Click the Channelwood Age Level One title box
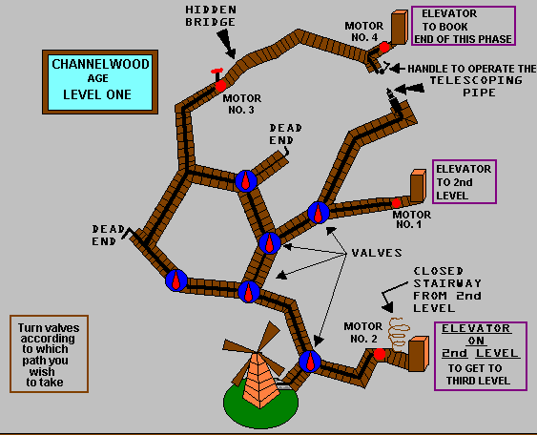tap(100, 82)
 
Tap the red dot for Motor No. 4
tap(384, 47)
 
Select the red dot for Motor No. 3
tap(220, 86)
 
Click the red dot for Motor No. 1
tap(396, 203)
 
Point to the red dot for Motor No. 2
tap(380, 354)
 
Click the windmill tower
tap(259, 381)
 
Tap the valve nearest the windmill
tap(310, 362)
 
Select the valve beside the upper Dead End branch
tap(246, 181)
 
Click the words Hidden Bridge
tap(211, 16)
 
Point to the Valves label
tap(377, 253)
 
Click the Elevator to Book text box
tap(464, 26)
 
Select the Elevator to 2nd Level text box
tap(465, 182)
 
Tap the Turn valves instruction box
tap(49, 354)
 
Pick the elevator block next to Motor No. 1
tap(418, 185)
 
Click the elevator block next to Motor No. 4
tap(400, 27)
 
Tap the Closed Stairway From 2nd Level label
tap(447, 289)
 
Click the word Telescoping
tap(476, 80)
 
